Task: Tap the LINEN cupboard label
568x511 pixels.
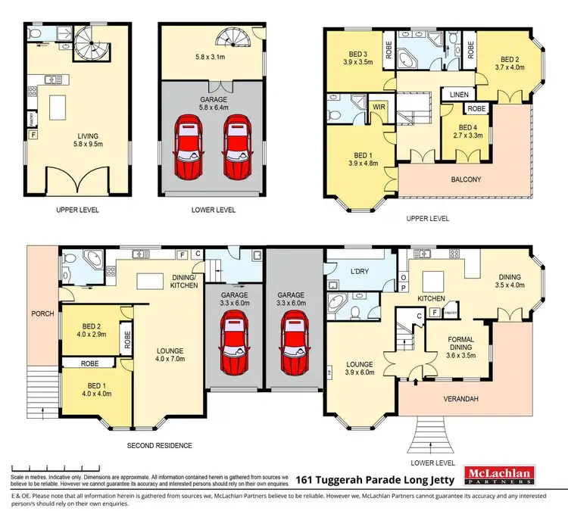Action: tap(459, 95)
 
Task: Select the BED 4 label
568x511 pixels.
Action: tap(460, 128)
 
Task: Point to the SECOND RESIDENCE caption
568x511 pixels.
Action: tap(160, 445)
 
